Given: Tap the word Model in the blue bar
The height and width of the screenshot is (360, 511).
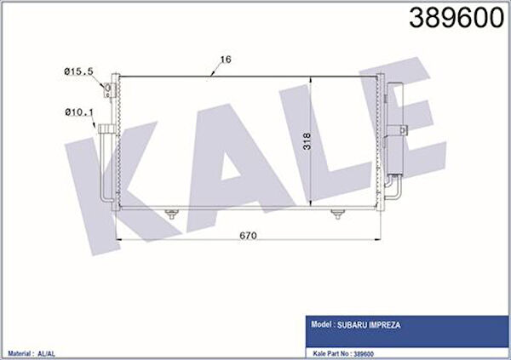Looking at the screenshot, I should click(321, 323).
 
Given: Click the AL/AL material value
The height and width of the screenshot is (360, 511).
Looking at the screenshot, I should click(49, 351).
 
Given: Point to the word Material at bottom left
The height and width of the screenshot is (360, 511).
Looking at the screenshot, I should click(20, 351).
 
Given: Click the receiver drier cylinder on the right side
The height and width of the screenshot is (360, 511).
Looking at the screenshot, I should click(398, 136).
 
